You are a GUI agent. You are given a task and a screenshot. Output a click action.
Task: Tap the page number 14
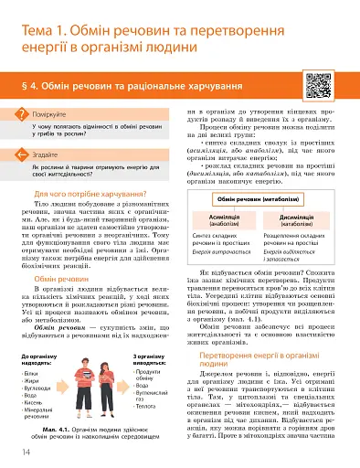click(15, 450)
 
